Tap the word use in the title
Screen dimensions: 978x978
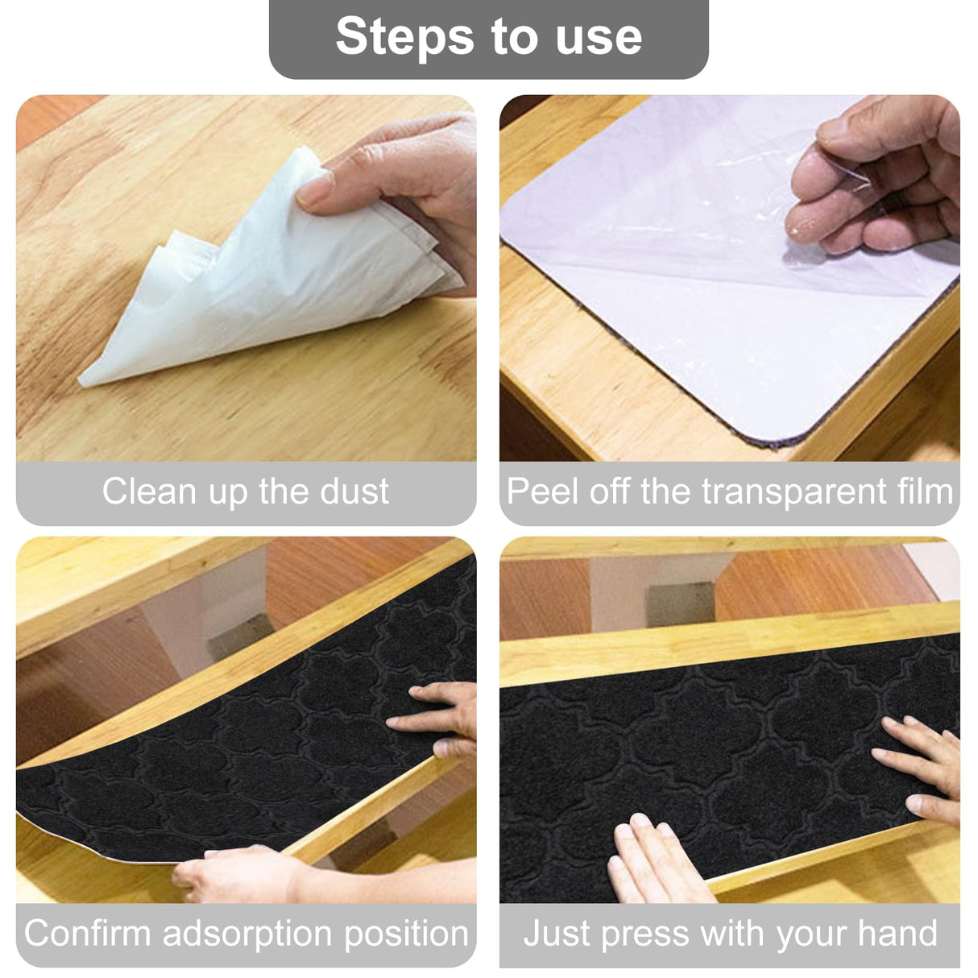[599, 37]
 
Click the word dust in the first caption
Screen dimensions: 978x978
[355, 491]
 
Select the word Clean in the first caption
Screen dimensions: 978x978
[149, 491]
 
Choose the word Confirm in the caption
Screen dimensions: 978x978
[88, 934]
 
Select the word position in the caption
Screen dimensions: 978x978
[406, 934]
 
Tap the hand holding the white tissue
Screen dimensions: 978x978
[403, 177]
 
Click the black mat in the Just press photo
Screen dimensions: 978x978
[725, 757]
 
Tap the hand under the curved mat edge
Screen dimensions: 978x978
[234, 874]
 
